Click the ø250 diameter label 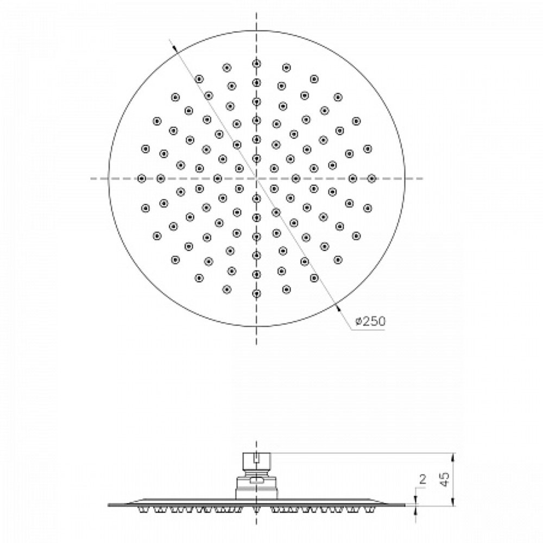pyautogui.click(x=370, y=321)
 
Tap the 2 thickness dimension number pyautogui.click(x=422, y=479)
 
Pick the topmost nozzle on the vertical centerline pyautogui.click(x=256, y=64)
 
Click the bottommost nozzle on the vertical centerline pyautogui.click(x=256, y=294)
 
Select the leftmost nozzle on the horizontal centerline pyautogui.click(x=141, y=179)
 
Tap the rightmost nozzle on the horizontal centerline pyautogui.click(x=371, y=179)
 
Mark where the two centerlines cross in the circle pyautogui.click(x=256, y=179)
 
